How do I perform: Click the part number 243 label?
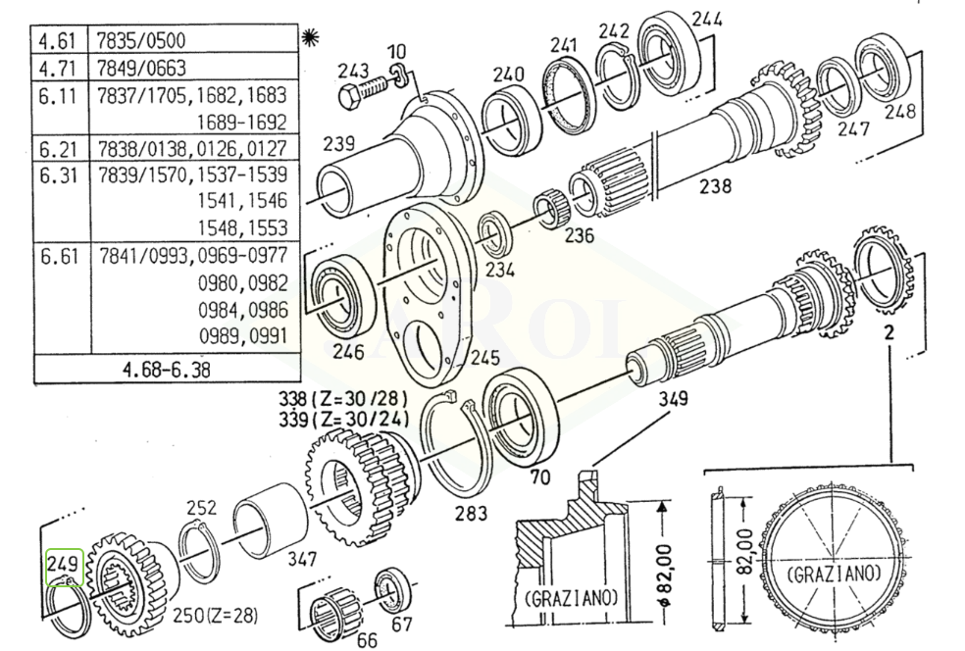coord(352,71)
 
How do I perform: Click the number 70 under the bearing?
coord(537,478)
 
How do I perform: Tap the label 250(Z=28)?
coord(215,615)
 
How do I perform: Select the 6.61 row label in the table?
coord(57,256)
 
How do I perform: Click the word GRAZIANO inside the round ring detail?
coord(834,571)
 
